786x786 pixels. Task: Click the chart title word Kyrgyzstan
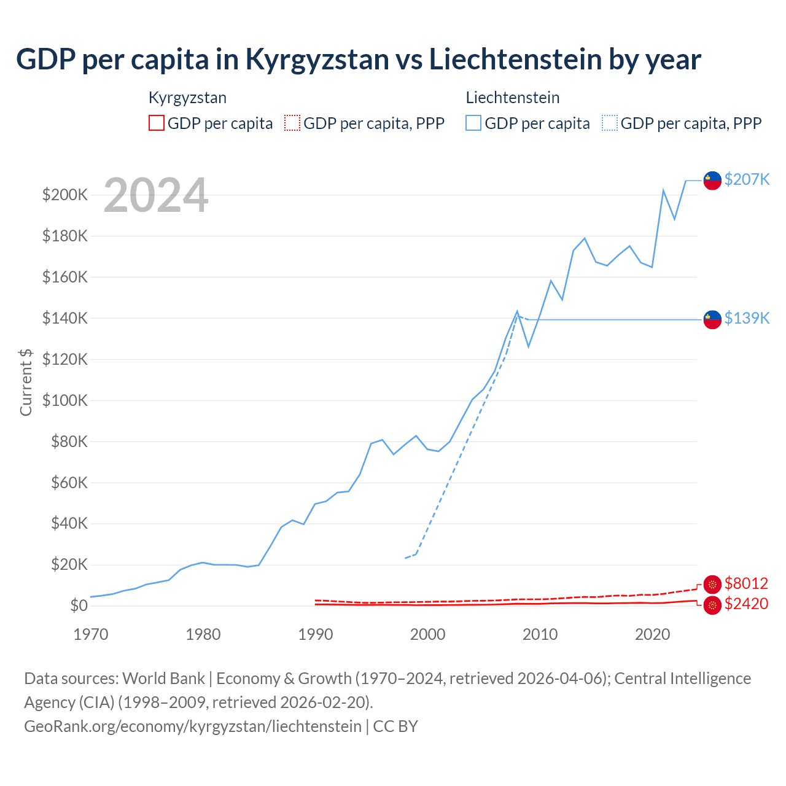click(x=317, y=60)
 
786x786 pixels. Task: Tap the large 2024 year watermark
click(x=156, y=195)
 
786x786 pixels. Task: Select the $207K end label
click(x=747, y=179)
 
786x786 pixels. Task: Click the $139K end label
click(x=747, y=318)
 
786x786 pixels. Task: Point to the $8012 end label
click(x=746, y=583)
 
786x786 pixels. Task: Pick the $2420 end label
click(x=746, y=604)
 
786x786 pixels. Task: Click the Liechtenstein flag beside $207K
click(x=712, y=181)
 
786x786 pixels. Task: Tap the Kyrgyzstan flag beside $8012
click(x=712, y=585)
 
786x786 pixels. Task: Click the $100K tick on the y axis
click(x=65, y=400)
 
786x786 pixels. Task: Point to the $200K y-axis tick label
click(x=65, y=195)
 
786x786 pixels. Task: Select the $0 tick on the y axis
click(x=79, y=605)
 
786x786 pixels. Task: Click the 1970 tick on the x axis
click(x=91, y=634)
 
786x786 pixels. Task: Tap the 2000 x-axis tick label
click(x=428, y=634)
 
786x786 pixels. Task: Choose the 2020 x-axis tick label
click(x=652, y=634)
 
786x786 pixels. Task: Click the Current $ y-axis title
click(x=26, y=382)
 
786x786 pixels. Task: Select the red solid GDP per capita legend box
click(x=157, y=123)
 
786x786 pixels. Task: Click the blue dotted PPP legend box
click(x=610, y=123)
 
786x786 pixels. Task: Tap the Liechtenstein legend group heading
click(x=513, y=98)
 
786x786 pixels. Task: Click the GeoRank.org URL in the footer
click(x=193, y=726)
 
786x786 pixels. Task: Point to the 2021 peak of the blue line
click(x=663, y=190)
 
